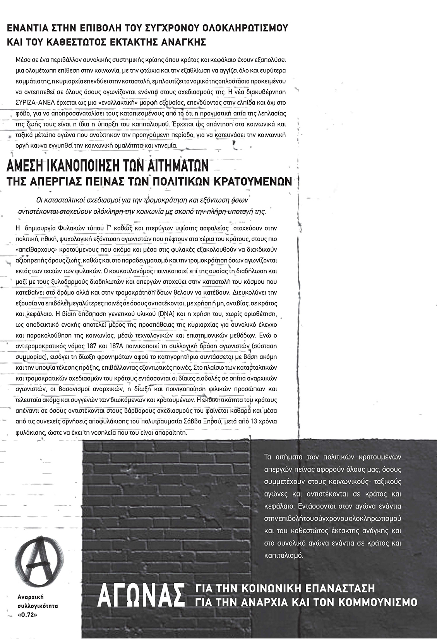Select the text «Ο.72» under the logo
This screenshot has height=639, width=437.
(34, 614)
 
